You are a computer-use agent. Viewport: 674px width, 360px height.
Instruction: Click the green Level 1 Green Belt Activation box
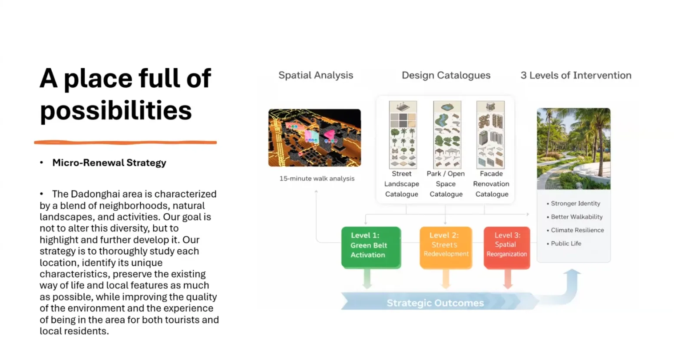[x=371, y=247]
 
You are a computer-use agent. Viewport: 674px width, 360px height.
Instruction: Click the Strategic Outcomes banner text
[x=436, y=303]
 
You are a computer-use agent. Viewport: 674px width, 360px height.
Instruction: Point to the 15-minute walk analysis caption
[x=317, y=178]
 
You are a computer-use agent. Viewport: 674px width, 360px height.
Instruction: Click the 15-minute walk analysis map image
[x=315, y=138]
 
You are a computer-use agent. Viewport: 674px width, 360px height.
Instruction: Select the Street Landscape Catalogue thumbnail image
[x=403, y=135]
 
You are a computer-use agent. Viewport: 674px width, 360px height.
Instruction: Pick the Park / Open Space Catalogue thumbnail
[x=447, y=135]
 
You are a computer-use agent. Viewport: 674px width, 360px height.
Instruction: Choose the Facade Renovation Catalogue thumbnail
[x=490, y=135]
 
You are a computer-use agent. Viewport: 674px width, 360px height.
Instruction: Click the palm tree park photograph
[x=574, y=149]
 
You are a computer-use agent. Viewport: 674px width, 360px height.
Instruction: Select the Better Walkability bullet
[x=575, y=217]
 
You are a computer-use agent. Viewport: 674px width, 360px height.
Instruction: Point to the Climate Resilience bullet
[x=575, y=230]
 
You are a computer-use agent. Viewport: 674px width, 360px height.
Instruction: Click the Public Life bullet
[x=564, y=244]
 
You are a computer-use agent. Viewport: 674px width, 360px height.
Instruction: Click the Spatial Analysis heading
[x=316, y=75]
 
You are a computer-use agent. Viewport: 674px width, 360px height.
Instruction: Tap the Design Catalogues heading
[x=446, y=75]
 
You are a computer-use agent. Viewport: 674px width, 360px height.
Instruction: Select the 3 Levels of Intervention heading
[x=576, y=75]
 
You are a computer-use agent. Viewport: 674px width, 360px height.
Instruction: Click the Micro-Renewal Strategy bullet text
[x=109, y=162]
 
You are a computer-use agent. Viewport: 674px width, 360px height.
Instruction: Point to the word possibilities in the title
[x=116, y=110]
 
